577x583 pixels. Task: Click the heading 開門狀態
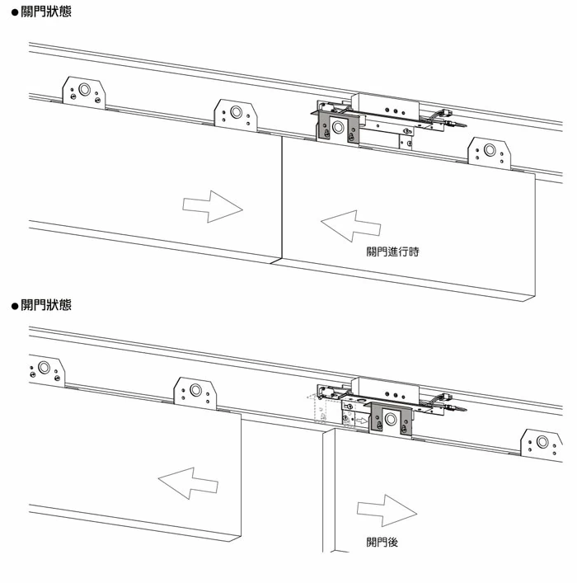coord(46,306)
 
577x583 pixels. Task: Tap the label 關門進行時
coord(392,252)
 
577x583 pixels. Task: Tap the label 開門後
coord(382,542)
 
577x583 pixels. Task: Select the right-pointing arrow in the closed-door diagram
coord(212,205)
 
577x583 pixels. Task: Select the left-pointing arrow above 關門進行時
coord(351,225)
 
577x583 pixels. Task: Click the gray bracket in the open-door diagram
coord(390,419)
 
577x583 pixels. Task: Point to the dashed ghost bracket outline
coord(318,410)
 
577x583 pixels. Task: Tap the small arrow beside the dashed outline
coord(361,421)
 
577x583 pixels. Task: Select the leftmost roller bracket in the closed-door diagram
coord(84,92)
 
